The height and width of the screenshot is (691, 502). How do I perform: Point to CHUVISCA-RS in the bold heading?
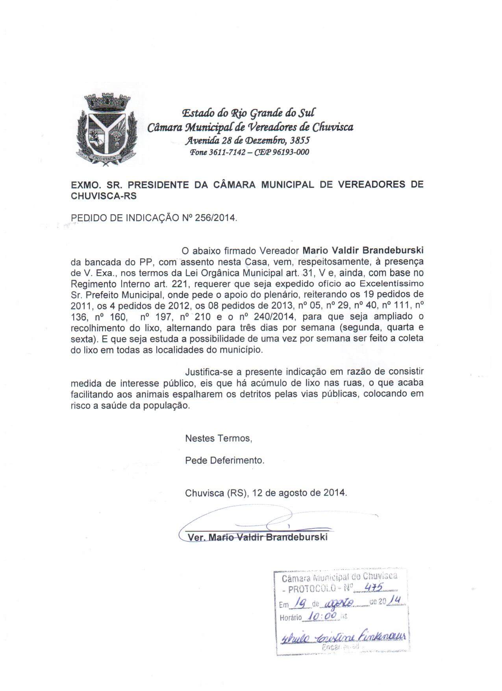(x=104, y=196)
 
